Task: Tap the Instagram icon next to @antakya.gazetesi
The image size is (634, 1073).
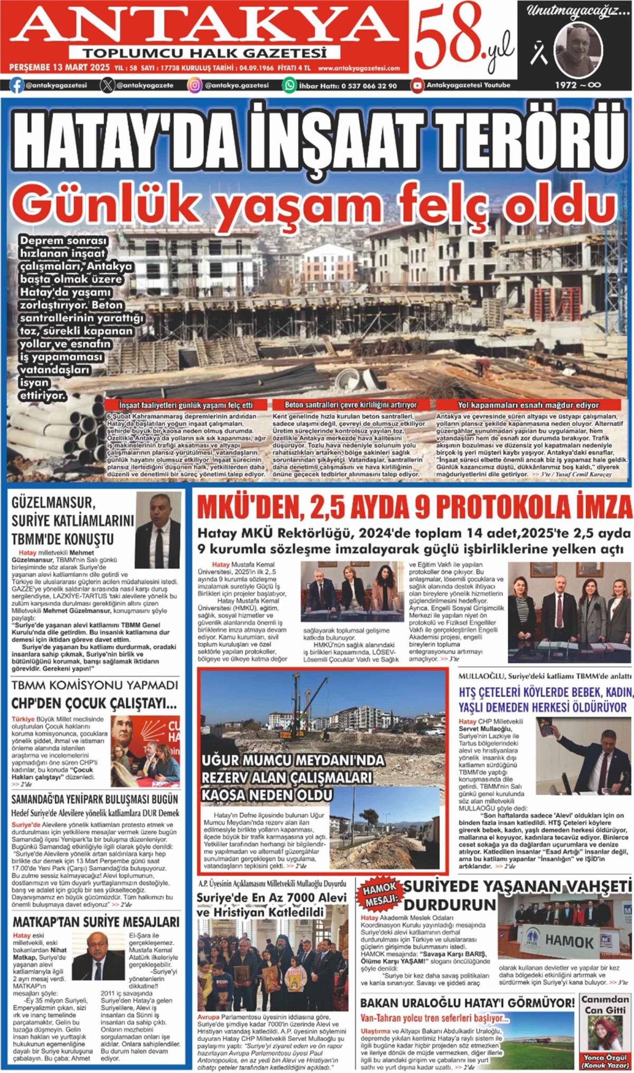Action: point(195,85)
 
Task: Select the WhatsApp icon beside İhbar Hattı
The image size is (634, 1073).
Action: point(290,85)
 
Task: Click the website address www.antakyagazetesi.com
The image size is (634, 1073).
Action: point(359,68)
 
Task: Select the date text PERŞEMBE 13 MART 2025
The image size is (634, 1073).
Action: point(59,68)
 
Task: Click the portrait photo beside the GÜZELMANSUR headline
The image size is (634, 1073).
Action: point(157,523)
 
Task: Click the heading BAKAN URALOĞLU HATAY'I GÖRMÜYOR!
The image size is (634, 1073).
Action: point(467,1003)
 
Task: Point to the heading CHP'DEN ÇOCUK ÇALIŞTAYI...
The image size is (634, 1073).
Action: point(94,704)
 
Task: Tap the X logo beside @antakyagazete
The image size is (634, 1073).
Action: point(107,85)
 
